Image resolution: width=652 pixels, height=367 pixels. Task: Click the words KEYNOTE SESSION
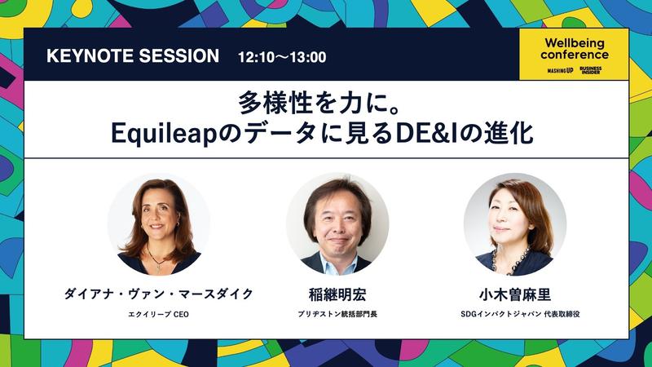pyautogui.click(x=133, y=55)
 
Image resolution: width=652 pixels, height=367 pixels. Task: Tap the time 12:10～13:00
pyautogui.click(x=282, y=57)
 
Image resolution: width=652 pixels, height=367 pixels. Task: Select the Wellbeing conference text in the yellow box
pyautogui.click(x=575, y=49)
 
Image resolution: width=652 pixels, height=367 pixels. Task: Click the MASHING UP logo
pyautogui.click(x=560, y=71)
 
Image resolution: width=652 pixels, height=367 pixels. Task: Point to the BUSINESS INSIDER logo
pyautogui.click(x=590, y=70)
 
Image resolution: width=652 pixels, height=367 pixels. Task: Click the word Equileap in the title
pyautogui.click(x=164, y=135)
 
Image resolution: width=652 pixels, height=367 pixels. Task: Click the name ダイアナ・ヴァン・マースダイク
pyautogui.click(x=158, y=294)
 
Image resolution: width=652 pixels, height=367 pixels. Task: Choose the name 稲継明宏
pyautogui.click(x=337, y=294)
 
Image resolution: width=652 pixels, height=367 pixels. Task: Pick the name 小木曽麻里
pyautogui.click(x=515, y=294)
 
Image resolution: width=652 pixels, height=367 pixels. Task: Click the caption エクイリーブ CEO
pyautogui.click(x=158, y=315)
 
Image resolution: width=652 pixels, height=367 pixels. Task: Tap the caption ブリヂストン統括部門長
pyautogui.click(x=337, y=314)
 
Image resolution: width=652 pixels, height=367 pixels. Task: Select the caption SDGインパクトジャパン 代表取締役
pyautogui.click(x=520, y=314)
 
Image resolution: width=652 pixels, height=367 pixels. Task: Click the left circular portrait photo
pyautogui.click(x=159, y=225)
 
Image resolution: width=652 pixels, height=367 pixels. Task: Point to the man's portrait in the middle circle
pyautogui.click(x=337, y=225)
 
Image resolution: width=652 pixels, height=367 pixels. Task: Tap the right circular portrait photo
pyautogui.click(x=515, y=225)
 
